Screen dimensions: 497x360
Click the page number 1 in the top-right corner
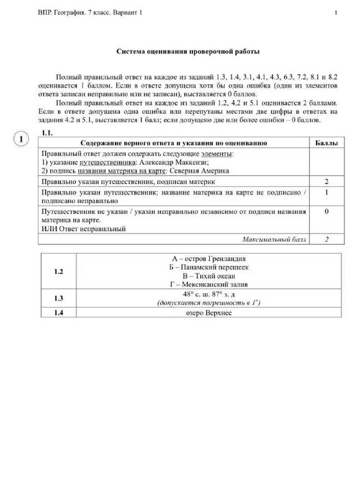(336, 13)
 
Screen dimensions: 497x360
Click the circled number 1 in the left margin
(20, 139)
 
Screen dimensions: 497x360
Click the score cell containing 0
(326, 212)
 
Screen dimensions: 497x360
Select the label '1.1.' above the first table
(47, 133)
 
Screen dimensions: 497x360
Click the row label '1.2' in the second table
(59, 271)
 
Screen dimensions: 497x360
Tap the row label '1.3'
(59, 298)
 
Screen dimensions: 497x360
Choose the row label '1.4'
(59, 312)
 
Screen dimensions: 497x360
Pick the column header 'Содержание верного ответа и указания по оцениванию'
(174, 143)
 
